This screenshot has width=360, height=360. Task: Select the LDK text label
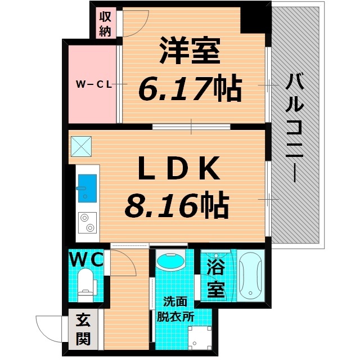[x=173, y=167]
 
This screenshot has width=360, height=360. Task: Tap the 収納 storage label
[x=105, y=24]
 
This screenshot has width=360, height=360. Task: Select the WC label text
[x=85, y=259]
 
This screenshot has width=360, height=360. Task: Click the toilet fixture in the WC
[x=85, y=285]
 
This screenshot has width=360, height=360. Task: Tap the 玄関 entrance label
[x=82, y=331]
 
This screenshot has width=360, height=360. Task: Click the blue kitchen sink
[x=87, y=183]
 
